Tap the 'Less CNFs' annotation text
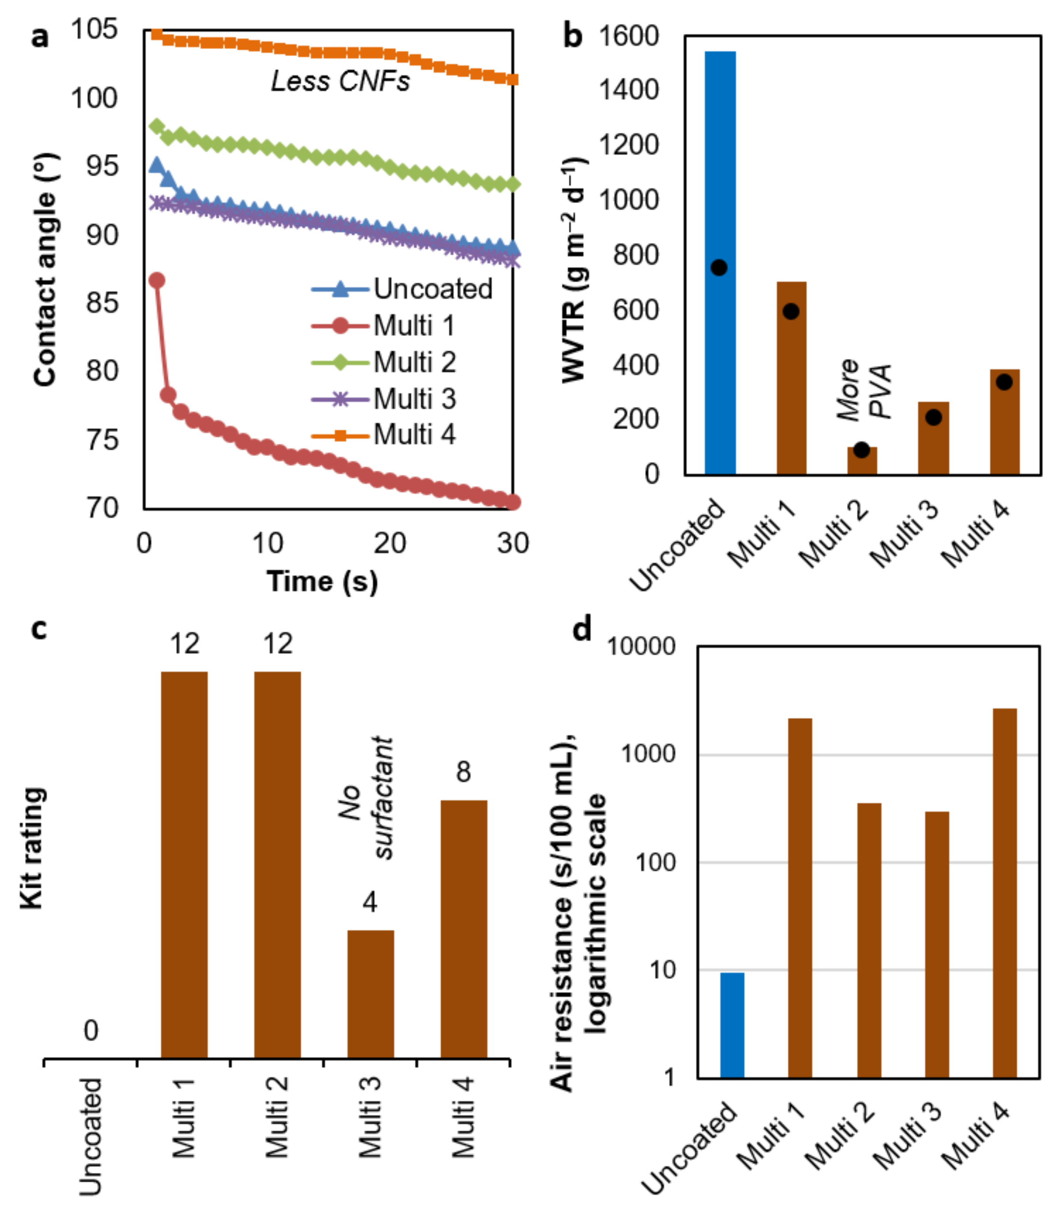[340, 81]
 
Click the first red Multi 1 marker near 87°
[157, 280]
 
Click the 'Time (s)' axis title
[322, 581]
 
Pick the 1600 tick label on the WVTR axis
[629, 36]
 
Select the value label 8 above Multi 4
[463, 772]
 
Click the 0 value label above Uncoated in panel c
[90, 1031]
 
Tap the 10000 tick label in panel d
[641, 646]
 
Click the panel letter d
[582, 629]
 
